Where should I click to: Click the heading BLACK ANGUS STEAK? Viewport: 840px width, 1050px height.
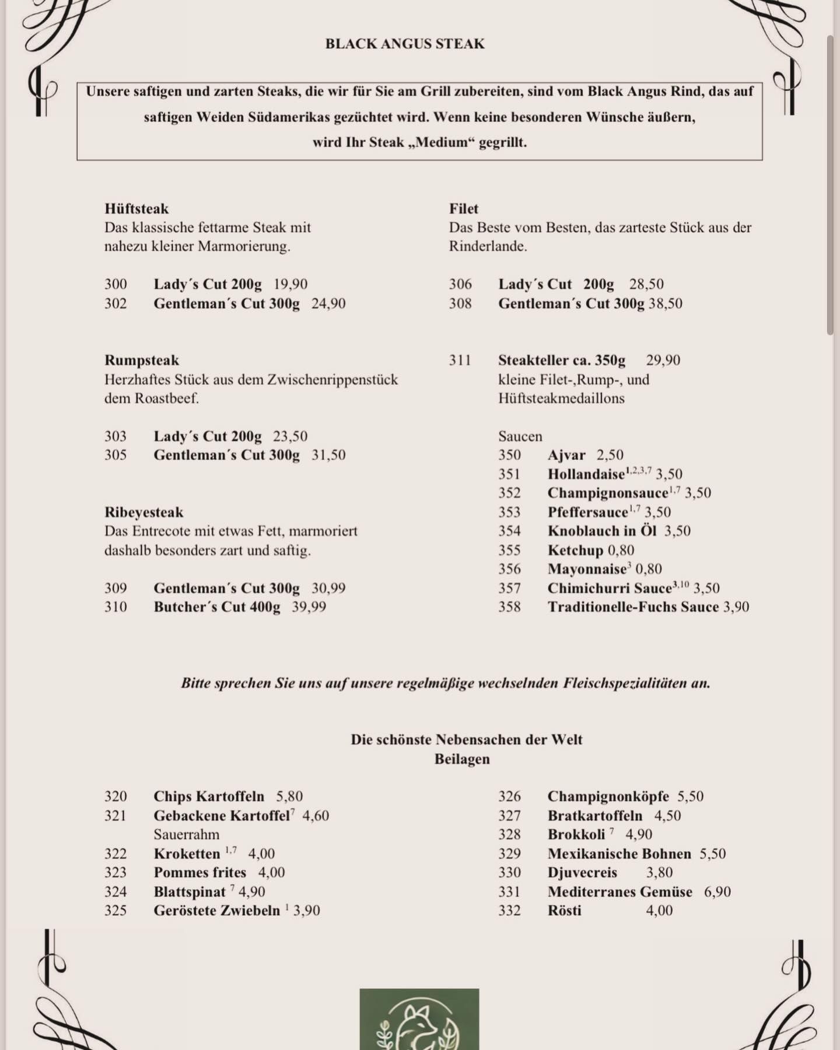point(405,44)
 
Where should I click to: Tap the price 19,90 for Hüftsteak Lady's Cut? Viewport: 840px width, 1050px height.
point(290,284)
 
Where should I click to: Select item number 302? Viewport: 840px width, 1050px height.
point(116,303)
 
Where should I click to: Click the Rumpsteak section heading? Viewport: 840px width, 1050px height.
point(142,360)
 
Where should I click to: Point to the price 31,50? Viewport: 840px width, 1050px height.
point(328,455)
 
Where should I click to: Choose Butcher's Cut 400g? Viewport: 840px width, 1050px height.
point(217,607)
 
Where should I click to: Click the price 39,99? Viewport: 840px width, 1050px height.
point(309,607)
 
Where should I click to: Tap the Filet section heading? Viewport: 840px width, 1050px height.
point(464,208)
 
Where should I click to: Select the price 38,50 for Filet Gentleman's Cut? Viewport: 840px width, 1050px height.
point(666,303)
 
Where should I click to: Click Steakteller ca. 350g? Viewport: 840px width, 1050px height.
point(562,360)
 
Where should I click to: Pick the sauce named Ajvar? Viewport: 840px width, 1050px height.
point(566,455)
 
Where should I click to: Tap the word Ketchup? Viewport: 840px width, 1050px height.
point(576,550)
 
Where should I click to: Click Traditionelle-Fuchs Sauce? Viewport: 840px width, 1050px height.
point(633,607)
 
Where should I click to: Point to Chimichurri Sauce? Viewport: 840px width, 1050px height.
point(610,588)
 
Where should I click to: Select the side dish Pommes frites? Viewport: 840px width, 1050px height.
point(200,872)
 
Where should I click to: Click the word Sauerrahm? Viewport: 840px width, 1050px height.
point(187,834)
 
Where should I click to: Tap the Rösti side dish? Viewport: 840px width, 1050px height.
point(565,910)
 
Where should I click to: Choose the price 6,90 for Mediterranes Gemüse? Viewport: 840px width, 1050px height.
point(717,891)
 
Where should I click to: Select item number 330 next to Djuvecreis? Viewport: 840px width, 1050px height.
point(509,872)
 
